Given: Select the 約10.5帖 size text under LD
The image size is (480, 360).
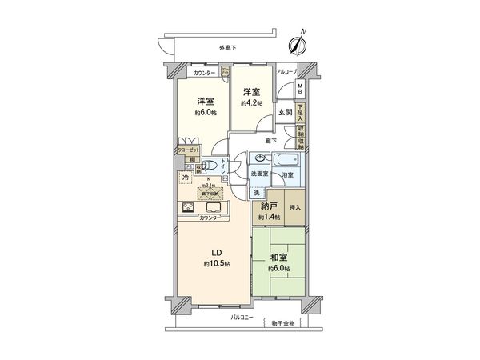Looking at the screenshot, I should (216, 264).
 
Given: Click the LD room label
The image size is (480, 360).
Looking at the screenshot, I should (216, 250).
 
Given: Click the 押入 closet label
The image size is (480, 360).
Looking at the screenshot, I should (294, 207).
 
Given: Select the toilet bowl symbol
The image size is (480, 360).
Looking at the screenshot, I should (210, 168).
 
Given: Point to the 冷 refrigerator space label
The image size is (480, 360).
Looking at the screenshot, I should (185, 177).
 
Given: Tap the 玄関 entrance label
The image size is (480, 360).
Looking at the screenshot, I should (285, 113).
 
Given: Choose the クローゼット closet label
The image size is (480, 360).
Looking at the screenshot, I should (189, 150).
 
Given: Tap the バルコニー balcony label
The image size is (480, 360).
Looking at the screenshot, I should (242, 318).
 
